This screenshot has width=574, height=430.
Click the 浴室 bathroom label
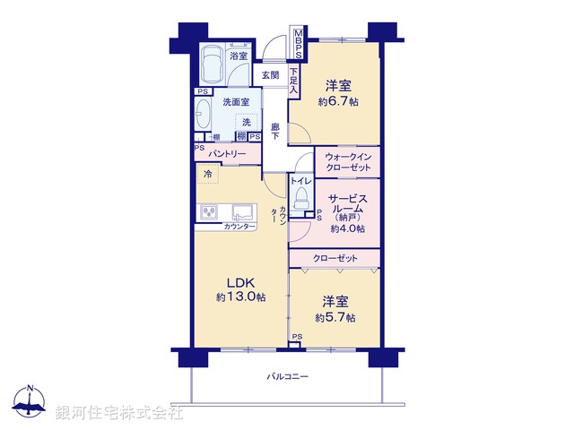pos(238,56)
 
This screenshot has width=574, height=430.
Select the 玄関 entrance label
pos(270,76)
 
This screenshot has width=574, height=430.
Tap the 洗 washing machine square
pos(246,122)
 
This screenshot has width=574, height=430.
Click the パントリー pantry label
pos(228,154)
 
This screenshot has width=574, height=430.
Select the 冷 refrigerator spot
pos(208,174)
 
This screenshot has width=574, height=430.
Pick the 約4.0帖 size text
pos(347,229)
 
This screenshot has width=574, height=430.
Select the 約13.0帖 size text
pos(239,297)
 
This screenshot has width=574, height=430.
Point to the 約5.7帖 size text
pos(335,318)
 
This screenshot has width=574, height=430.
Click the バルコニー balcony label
pos(288,377)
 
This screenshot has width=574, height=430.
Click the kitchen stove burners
pos(208,213)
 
